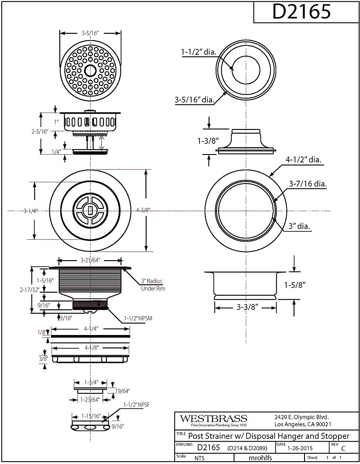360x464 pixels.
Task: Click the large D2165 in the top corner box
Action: coord(301,11)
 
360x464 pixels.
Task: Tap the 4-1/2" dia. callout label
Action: coord(303,160)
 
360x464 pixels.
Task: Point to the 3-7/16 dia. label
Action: coord(308,184)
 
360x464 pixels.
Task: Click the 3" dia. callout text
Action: coord(299,226)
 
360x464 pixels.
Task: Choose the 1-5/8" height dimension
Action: coord(295,285)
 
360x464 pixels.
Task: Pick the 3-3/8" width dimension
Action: coord(248,307)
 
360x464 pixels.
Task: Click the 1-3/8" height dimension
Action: coord(208,141)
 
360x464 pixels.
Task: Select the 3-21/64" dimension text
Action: coord(90,260)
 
